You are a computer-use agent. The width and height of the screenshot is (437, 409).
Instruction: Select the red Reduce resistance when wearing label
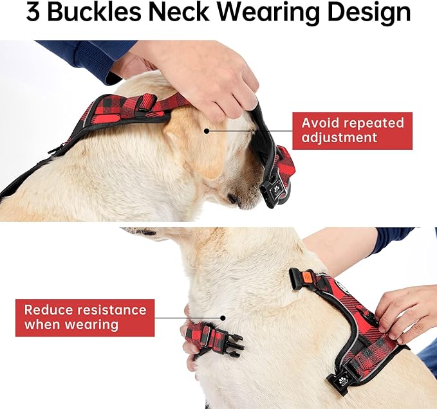[85, 317]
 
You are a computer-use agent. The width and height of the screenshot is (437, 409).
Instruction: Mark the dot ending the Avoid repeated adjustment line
[206, 131]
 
